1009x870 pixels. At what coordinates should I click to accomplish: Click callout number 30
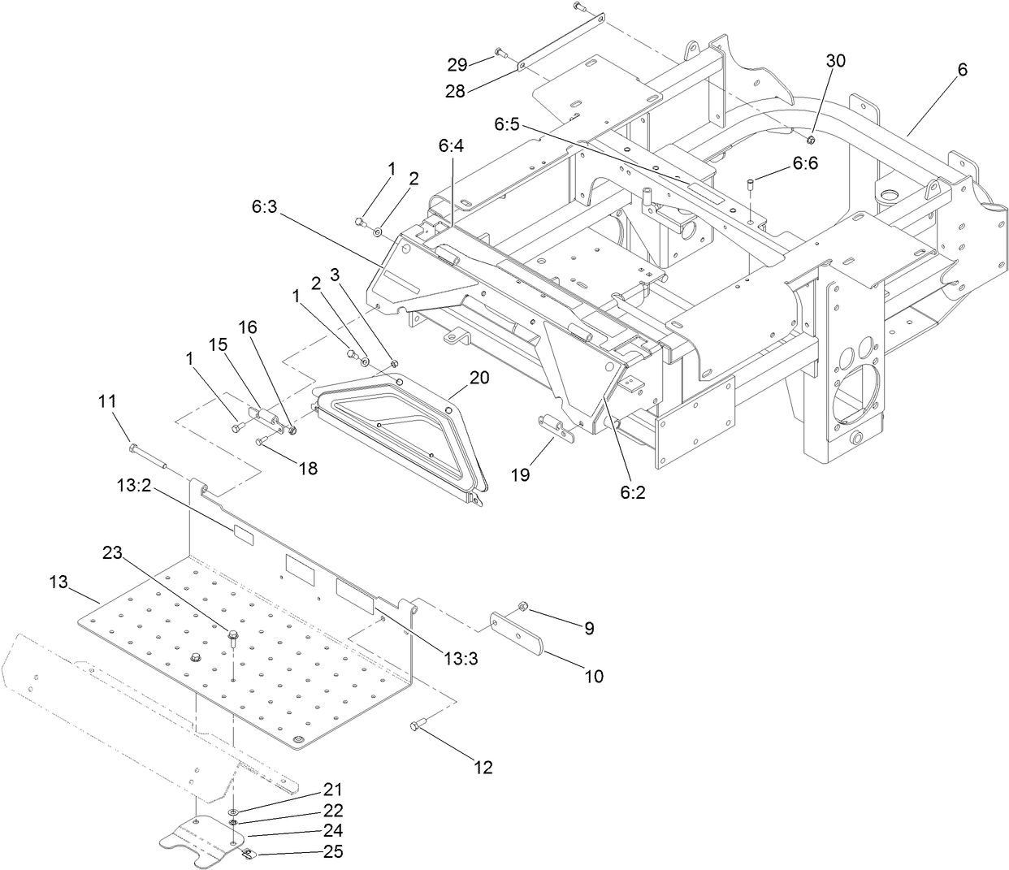click(x=835, y=61)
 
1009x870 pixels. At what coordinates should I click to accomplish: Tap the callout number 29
click(x=458, y=63)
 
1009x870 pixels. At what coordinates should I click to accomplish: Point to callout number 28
click(x=455, y=91)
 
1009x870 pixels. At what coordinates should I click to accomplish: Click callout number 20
click(x=480, y=377)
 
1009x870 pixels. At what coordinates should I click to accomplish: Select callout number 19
click(x=519, y=474)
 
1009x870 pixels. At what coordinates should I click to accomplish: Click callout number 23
click(x=113, y=552)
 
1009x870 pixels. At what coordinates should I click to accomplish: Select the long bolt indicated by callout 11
click(x=146, y=456)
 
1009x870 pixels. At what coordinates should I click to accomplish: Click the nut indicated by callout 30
click(x=812, y=128)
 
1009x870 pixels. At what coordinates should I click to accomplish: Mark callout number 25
click(x=333, y=851)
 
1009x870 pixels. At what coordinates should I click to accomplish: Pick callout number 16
click(x=247, y=327)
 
